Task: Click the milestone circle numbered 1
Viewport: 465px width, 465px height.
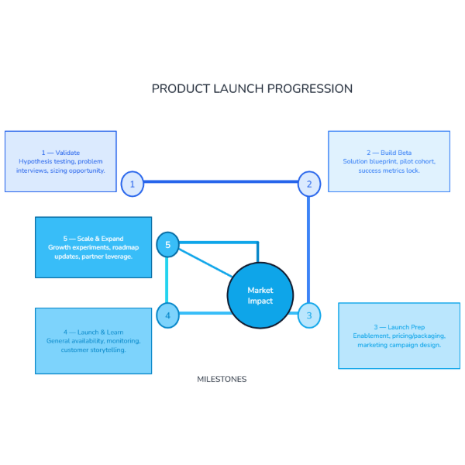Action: [133, 184]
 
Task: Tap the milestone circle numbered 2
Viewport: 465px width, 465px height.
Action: [309, 184]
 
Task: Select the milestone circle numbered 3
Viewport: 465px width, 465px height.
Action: [309, 315]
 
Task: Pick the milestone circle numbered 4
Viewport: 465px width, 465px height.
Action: [167, 315]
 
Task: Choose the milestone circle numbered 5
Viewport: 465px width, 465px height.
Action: [167, 245]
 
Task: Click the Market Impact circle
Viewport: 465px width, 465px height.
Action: [260, 295]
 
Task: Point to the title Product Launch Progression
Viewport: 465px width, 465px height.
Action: [252, 88]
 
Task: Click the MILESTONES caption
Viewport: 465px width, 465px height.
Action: [222, 380]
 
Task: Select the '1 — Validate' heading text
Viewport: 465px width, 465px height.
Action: [60, 153]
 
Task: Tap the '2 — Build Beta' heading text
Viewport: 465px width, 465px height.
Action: [389, 153]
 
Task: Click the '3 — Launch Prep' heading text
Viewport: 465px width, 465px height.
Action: [399, 327]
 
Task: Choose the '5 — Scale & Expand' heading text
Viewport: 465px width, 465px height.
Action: [94, 239]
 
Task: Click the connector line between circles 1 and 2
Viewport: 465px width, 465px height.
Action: [221, 183]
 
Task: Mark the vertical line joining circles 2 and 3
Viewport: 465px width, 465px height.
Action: [309, 248]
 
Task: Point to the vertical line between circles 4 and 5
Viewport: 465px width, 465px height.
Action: [167, 281]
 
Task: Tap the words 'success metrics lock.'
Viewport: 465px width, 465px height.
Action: [389, 170]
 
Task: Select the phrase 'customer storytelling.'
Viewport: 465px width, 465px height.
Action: [94, 350]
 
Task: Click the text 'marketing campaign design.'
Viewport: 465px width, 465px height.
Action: [399, 345]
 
